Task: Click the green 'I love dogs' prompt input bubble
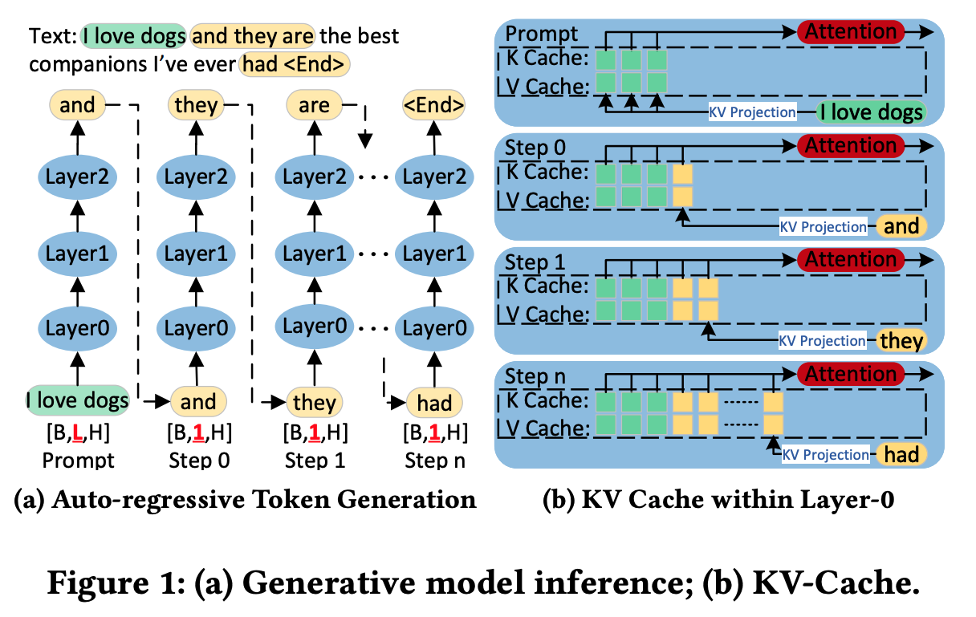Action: tap(78, 400)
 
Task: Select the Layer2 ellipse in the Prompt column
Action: tap(78, 177)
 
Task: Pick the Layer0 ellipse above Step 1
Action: tap(315, 327)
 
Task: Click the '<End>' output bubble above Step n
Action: tap(433, 105)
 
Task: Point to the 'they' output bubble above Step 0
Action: tap(196, 105)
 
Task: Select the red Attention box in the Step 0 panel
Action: tap(851, 145)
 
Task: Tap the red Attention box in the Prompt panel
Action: tap(851, 32)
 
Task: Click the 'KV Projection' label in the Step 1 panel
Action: tap(823, 340)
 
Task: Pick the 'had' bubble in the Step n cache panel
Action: tap(901, 454)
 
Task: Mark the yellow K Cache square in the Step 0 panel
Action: tap(682, 173)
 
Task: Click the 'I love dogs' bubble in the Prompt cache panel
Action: tap(869, 112)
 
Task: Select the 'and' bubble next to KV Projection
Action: tap(901, 226)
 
